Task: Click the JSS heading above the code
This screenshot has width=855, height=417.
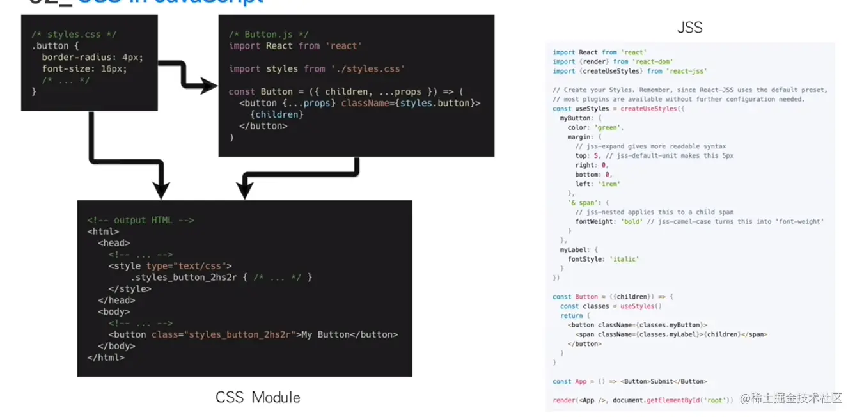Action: coord(689,27)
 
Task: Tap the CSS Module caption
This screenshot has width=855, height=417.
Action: coord(258,397)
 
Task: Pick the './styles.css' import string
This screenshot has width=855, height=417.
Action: coord(368,68)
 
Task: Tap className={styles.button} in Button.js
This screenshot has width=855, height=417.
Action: coord(411,103)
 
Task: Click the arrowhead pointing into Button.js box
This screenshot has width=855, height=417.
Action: coord(208,86)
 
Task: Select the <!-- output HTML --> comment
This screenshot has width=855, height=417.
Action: coord(141,220)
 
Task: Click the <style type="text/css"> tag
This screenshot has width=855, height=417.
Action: coord(170,266)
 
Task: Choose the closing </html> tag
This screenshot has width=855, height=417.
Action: coord(106,358)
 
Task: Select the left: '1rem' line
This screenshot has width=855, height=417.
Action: coord(597,184)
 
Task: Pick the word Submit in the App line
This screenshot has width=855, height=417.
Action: coord(661,381)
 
